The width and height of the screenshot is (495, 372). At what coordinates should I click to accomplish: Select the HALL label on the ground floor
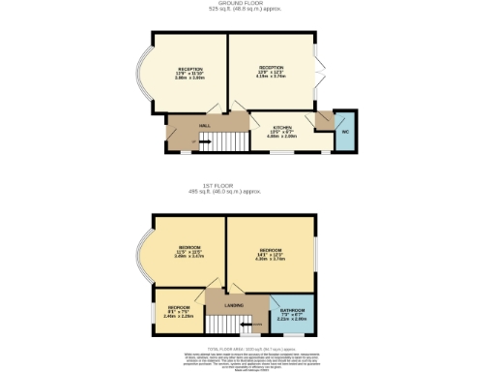(x=206, y=126)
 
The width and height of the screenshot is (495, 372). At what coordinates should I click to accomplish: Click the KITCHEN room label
(x=283, y=129)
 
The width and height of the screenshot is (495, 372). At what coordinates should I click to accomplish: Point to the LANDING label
(x=233, y=306)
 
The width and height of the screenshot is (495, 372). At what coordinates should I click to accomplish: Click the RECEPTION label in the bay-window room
(x=189, y=70)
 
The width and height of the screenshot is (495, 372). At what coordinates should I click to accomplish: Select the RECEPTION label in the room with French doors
(x=271, y=68)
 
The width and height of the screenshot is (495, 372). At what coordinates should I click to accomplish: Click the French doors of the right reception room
(x=316, y=75)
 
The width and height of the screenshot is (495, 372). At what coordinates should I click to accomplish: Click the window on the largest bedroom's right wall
(x=314, y=254)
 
